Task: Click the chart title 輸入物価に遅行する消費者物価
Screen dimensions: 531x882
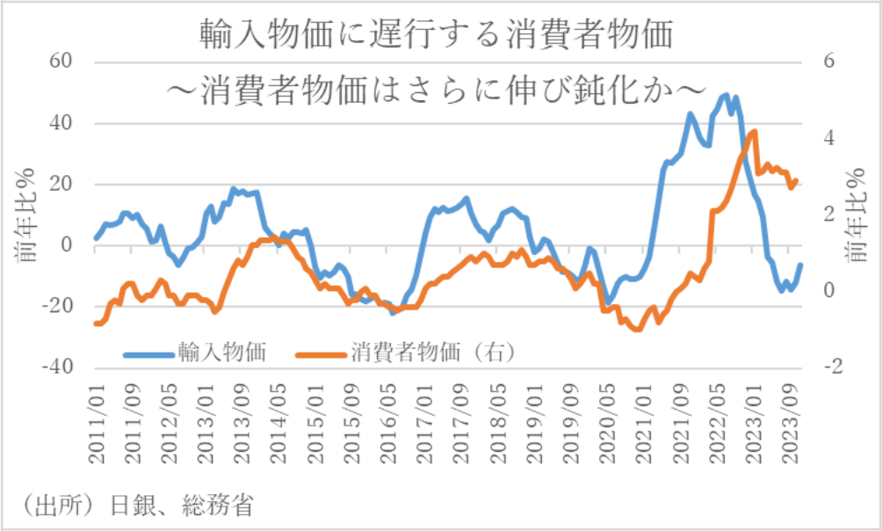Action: (436, 35)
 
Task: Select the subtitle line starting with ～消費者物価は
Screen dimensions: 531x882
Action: (436, 88)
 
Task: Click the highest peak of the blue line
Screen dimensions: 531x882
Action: (726, 95)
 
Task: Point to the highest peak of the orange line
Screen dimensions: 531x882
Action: (754, 131)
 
